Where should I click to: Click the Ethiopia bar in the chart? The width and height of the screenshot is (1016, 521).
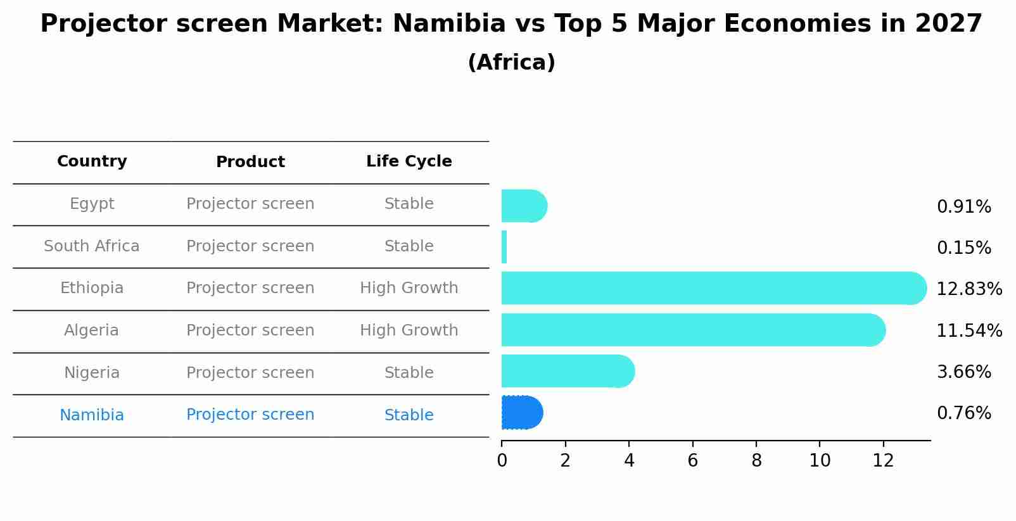(709, 288)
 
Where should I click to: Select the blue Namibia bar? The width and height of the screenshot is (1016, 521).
(521, 413)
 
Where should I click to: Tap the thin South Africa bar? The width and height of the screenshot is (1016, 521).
(504, 247)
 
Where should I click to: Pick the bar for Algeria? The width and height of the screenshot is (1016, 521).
(690, 330)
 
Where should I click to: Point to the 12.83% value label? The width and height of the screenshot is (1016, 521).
(968, 289)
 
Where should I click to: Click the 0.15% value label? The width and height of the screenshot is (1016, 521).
(963, 248)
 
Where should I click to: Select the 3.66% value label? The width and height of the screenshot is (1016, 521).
(963, 372)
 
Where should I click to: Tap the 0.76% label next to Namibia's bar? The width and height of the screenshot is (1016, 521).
(963, 413)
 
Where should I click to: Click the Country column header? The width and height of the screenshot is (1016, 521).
(92, 161)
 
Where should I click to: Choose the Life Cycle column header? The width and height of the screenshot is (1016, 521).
(409, 161)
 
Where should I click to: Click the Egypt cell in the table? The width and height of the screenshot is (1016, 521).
(92, 204)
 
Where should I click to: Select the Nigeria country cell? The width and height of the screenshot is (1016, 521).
(92, 373)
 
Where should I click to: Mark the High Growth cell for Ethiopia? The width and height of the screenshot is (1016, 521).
(409, 288)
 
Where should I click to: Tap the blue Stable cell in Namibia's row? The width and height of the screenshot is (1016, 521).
(409, 415)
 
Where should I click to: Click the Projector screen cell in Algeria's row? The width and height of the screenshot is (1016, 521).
(250, 330)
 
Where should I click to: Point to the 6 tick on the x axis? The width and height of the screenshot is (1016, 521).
(692, 461)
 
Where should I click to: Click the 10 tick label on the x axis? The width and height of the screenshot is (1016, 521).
(820, 461)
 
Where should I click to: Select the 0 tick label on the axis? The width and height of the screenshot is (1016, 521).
(502, 461)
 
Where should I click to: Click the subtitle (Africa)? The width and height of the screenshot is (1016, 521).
(511, 63)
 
